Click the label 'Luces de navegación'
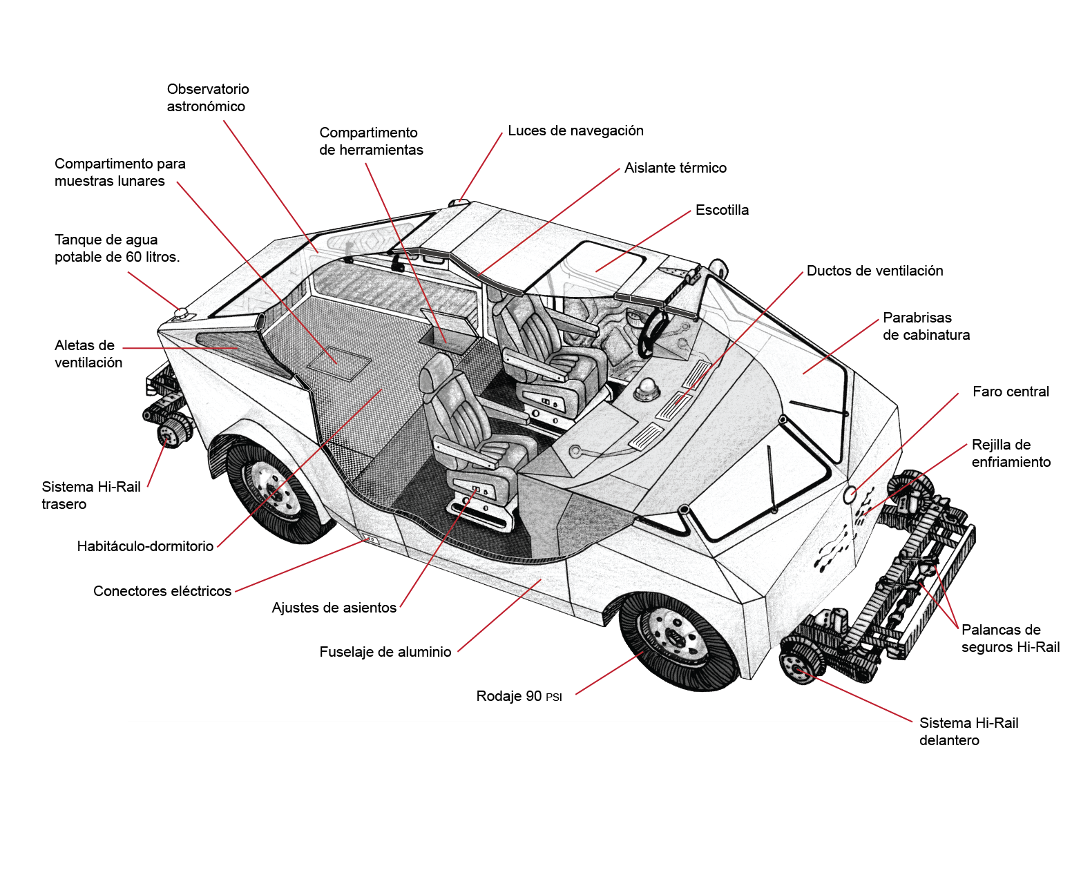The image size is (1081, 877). (x=575, y=131)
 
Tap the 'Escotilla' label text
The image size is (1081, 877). (x=722, y=210)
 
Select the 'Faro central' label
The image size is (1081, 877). (x=1010, y=392)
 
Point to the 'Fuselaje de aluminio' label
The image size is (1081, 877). (x=385, y=652)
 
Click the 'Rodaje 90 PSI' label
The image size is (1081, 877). (x=519, y=696)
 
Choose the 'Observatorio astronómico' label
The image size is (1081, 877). (x=207, y=97)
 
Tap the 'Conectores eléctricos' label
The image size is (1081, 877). (x=162, y=591)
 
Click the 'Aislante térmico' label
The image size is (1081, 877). (x=675, y=168)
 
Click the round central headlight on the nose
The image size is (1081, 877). (x=850, y=494)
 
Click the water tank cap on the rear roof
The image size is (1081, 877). (x=181, y=314)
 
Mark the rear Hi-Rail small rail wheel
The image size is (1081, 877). (x=169, y=434)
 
